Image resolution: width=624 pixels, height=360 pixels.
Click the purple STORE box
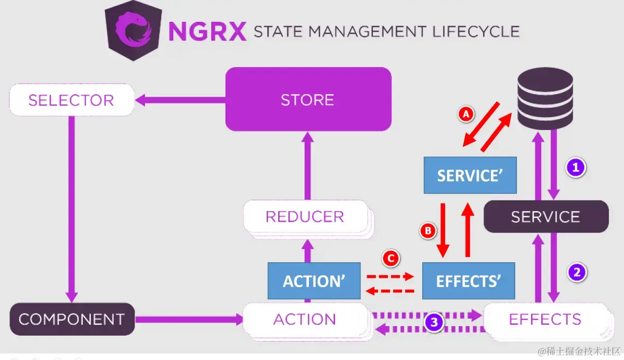308,99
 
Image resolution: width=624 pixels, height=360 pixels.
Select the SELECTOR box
71,100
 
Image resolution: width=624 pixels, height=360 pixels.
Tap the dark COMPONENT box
71,319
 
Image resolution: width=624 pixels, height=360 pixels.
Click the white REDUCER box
305,216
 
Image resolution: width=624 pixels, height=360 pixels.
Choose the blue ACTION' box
314,281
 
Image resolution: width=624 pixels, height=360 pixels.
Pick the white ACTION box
305,319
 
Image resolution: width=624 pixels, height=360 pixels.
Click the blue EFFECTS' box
468,281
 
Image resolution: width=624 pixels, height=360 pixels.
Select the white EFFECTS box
544,319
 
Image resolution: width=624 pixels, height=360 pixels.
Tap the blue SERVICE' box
470,175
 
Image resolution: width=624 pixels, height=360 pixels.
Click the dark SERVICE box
545,216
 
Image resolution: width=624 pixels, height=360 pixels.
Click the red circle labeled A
466,114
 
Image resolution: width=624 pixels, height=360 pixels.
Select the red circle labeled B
428,230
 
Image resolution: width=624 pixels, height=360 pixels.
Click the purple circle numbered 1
576,168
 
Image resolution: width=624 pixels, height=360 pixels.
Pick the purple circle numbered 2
577,272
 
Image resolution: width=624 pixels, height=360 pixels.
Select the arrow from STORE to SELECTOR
179,99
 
